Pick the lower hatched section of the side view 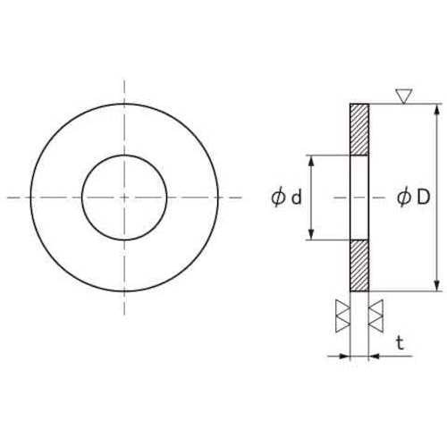coord(358,266)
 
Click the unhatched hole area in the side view coord(358,198)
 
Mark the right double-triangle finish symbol coord(376,315)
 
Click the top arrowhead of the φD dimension coord(437,110)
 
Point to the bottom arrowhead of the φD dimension coord(437,285)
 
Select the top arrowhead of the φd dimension coord(310,160)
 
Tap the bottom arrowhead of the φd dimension coord(310,235)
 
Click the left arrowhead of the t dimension coord(343,356)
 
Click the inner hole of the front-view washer coord(124,198)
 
